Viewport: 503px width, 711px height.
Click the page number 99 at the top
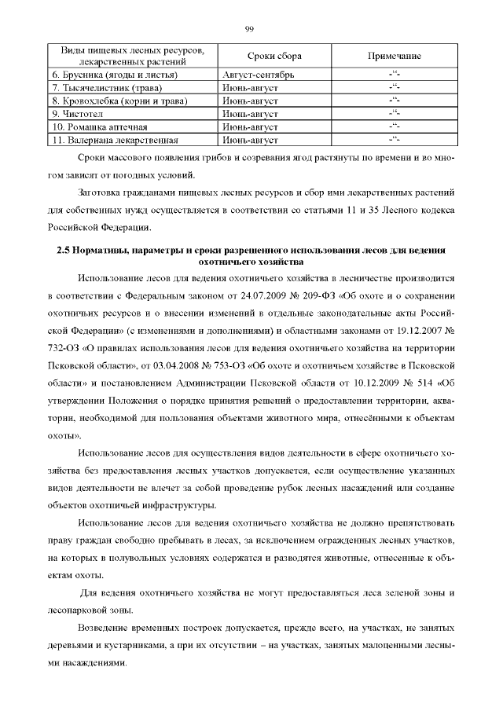pos(250,29)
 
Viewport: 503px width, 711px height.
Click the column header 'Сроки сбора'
pos(274,56)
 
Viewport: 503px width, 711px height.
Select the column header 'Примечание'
pos(395,56)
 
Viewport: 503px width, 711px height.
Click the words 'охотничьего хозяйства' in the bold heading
pos(251,262)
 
